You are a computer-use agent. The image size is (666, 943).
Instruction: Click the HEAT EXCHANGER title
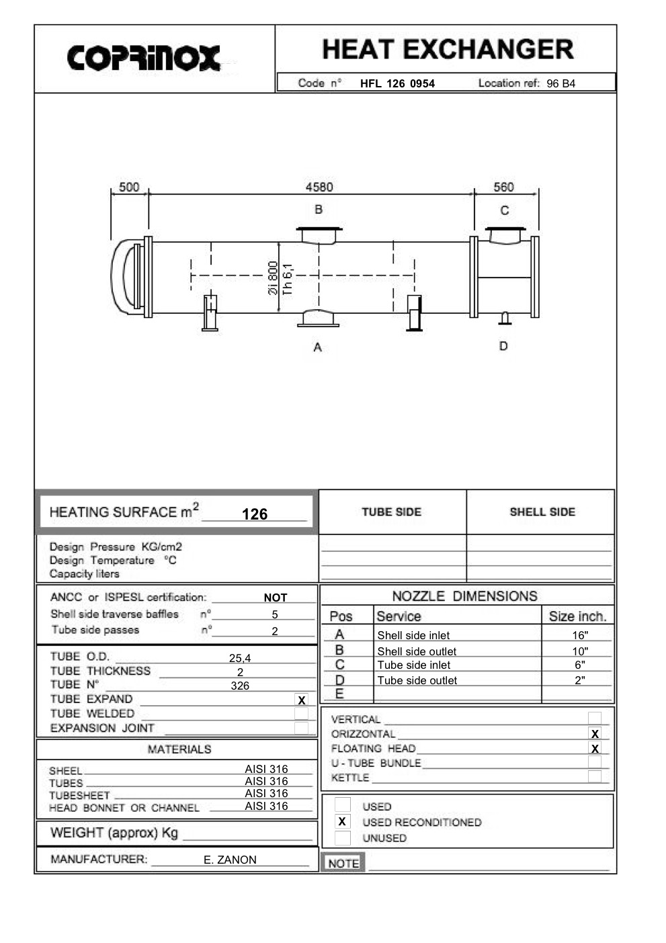point(448,50)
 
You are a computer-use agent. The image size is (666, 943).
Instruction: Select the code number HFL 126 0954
point(397,83)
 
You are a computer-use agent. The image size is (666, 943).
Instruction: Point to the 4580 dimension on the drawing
point(319,187)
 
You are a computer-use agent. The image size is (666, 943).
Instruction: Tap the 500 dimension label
point(129,187)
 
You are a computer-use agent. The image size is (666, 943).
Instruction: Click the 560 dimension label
point(503,187)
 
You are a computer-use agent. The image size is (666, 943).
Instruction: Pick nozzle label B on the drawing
point(319,210)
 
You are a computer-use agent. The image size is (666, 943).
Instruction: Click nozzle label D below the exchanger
point(503,346)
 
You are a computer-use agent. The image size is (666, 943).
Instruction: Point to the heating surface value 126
point(255,514)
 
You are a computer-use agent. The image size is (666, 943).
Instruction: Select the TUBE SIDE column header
point(392,512)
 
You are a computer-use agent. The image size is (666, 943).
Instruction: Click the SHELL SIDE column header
point(542,512)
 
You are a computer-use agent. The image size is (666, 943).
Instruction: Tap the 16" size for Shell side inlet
point(580,635)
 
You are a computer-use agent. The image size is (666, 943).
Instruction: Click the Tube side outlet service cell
point(417,680)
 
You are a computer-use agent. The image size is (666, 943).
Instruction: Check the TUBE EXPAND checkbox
point(302,700)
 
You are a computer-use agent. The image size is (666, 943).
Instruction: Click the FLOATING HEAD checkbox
point(595,748)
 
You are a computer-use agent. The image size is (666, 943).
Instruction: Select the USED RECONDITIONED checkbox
point(342,821)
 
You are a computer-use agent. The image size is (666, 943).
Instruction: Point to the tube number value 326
point(240,686)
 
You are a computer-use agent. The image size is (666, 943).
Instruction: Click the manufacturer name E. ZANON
point(230,860)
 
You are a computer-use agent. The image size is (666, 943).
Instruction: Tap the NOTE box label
point(343,863)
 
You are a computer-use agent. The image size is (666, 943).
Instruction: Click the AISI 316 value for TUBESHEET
point(266,794)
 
